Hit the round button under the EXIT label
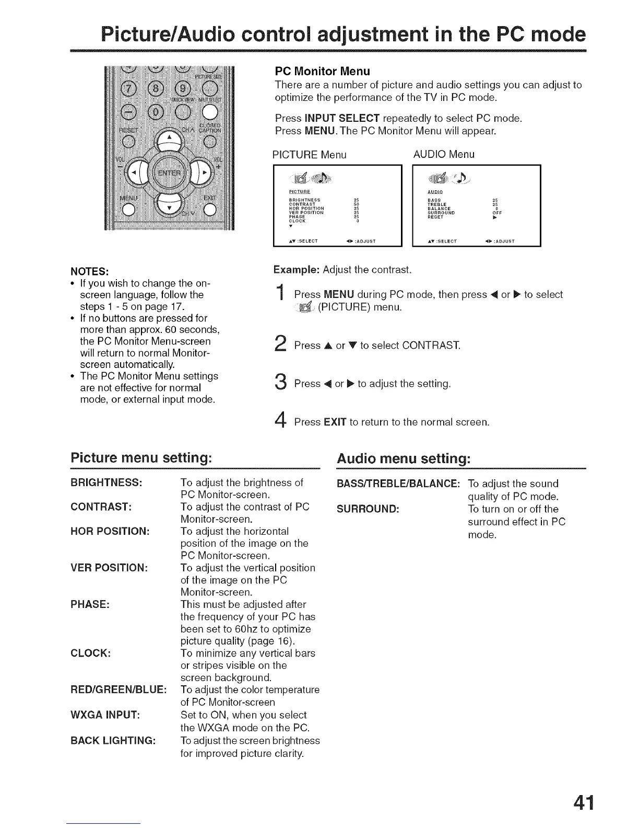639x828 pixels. [210, 210]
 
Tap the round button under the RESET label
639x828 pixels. [127, 141]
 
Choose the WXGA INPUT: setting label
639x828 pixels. [104, 715]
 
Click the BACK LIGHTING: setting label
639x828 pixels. [113, 741]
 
